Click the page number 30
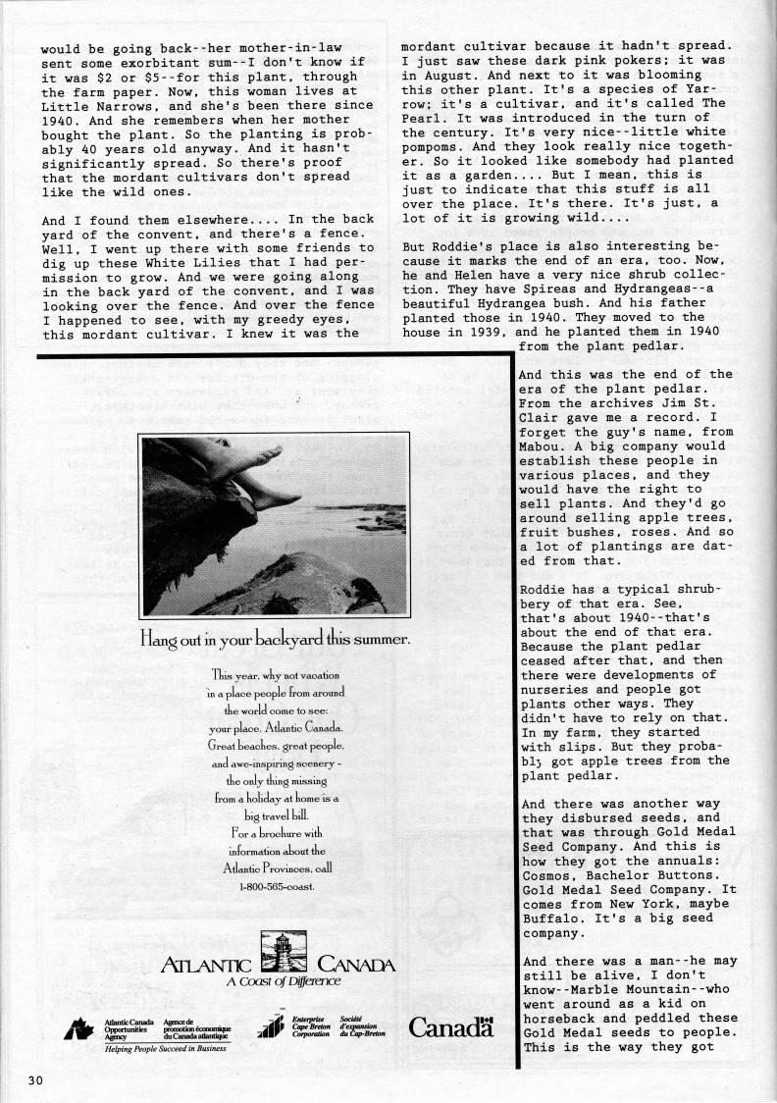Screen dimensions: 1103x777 tap(35, 1081)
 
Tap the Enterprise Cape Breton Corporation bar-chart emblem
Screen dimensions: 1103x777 tap(270, 1027)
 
